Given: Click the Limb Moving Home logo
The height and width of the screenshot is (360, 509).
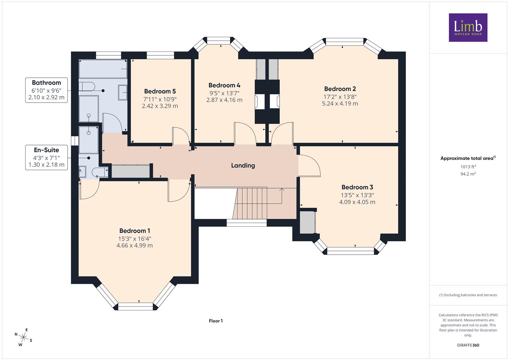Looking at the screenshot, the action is [x=468, y=27].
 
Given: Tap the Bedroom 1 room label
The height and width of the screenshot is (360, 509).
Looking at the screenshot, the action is [x=135, y=231].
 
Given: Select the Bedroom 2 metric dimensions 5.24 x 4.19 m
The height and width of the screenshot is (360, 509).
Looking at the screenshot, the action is [x=340, y=104].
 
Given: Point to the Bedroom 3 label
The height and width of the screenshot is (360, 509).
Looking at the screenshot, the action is [x=357, y=187].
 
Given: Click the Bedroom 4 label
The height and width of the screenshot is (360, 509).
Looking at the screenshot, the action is [x=224, y=85].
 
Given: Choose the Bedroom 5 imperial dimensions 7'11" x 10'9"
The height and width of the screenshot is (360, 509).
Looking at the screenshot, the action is [x=160, y=99].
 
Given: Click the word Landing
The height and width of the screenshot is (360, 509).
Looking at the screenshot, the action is [x=243, y=165].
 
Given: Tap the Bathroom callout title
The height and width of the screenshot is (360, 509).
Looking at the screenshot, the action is [x=46, y=83].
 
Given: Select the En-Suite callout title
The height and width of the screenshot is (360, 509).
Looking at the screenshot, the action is [x=46, y=150].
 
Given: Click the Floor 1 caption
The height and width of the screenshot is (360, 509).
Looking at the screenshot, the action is [x=216, y=321].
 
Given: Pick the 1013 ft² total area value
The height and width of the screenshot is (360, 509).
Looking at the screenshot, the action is [x=468, y=167].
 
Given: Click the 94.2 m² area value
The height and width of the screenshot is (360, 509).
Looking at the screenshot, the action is [x=468, y=174].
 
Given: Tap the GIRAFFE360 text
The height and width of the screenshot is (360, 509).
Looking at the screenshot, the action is [x=468, y=345].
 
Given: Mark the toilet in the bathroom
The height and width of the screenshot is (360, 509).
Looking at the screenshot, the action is [x=87, y=87].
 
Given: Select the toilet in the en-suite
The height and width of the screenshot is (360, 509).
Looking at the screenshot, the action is [x=100, y=172].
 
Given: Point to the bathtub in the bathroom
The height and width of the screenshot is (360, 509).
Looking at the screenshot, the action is [x=103, y=69].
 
